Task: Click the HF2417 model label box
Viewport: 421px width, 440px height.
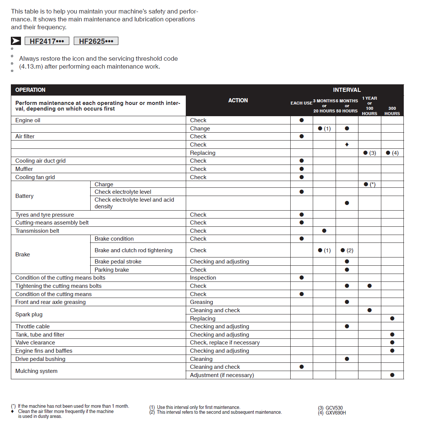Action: (x=47, y=41)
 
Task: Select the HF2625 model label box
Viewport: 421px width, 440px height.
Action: (x=96, y=41)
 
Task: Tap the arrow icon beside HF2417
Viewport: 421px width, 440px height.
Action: (x=16, y=41)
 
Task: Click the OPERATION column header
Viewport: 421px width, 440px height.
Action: (x=30, y=90)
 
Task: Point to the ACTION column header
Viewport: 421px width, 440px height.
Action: (x=238, y=100)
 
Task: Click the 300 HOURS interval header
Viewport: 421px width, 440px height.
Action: (x=392, y=111)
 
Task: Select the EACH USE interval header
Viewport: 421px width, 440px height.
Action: (x=301, y=103)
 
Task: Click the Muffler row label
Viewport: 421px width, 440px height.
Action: (x=24, y=169)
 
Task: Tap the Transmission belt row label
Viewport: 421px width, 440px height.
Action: (x=37, y=231)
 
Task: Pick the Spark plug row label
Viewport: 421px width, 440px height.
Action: (x=29, y=314)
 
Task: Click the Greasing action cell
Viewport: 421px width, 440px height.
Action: (x=201, y=302)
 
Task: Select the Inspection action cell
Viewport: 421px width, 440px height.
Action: (x=203, y=278)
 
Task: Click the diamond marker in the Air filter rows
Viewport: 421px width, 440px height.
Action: (x=347, y=145)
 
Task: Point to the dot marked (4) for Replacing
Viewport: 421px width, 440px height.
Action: (x=388, y=153)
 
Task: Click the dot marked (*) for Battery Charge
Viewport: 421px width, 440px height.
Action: (x=366, y=184)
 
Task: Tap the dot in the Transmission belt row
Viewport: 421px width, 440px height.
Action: (x=324, y=231)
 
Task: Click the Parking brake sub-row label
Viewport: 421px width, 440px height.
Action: (x=112, y=270)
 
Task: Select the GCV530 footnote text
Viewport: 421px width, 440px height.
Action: (x=334, y=408)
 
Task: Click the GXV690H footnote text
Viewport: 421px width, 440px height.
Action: (x=335, y=413)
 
